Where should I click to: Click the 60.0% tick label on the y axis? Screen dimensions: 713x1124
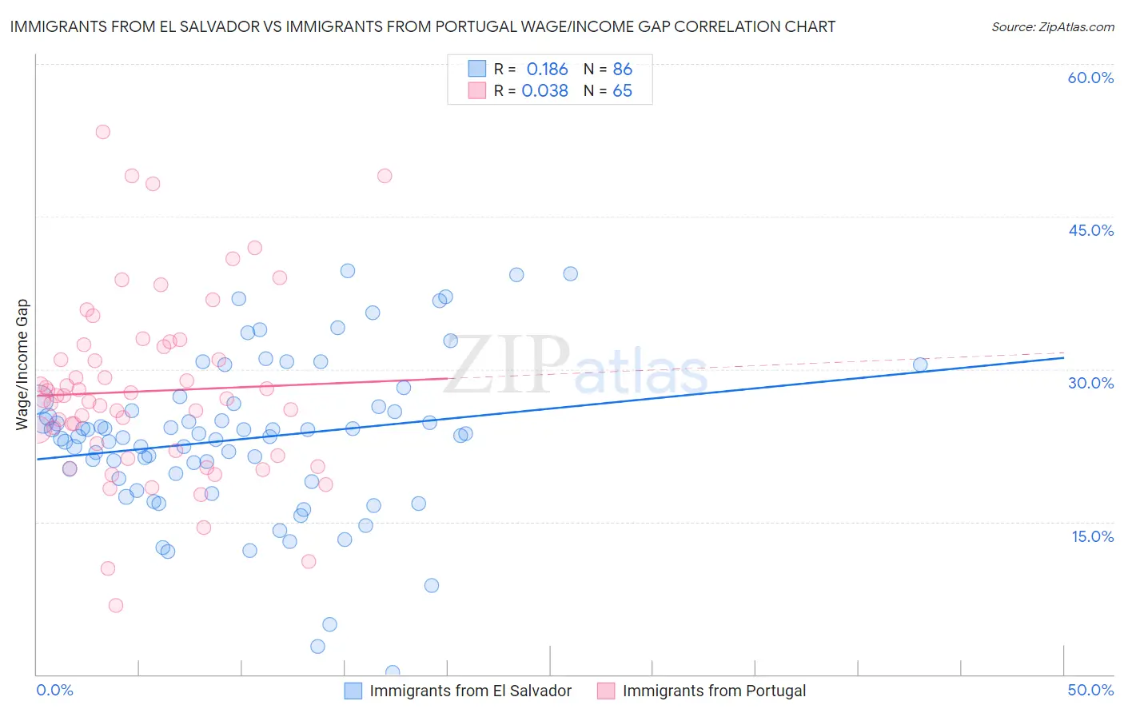coord(1090,78)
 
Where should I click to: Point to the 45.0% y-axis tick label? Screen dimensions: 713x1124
coord(1090,230)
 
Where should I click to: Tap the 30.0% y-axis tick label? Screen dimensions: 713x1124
coord(1090,383)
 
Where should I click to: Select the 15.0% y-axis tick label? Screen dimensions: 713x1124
coord(1092,536)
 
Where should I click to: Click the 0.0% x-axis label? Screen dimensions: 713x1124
coord(54,690)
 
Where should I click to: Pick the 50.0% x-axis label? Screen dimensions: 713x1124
coord(1090,690)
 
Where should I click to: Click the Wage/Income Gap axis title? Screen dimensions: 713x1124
coord(22,364)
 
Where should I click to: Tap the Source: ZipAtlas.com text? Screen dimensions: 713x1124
coord(1052,27)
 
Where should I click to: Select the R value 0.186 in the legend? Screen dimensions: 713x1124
coord(547,69)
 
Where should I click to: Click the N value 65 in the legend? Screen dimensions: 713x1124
coord(622,90)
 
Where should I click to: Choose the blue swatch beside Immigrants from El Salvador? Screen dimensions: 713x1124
coord(353,691)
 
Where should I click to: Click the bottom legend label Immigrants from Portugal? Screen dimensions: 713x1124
coord(714,691)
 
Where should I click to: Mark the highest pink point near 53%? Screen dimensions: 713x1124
coord(102,132)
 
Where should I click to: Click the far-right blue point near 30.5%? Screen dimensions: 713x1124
coord(920,364)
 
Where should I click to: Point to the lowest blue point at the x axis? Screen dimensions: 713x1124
coord(393,672)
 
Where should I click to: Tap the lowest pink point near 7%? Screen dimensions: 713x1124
coord(116,605)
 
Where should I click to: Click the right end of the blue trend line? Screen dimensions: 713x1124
coord(1063,357)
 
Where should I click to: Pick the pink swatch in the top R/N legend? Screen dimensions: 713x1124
coord(477,90)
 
